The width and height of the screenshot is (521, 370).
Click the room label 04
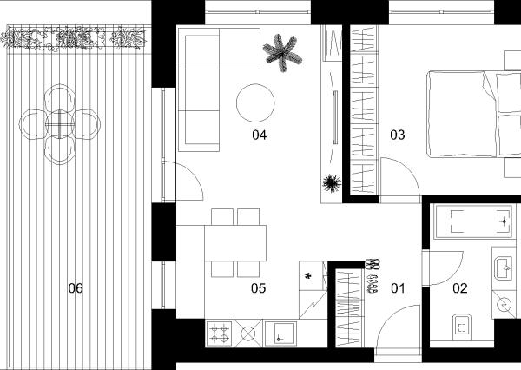tap(259, 135)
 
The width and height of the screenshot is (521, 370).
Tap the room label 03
tap(398, 135)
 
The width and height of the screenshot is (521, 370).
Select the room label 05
tap(259, 288)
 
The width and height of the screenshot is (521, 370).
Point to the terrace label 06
tap(76, 288)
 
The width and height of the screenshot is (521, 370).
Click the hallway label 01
tap(398, 288)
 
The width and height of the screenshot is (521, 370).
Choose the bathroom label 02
tap(460, 288)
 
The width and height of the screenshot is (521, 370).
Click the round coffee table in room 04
tap(255, 103)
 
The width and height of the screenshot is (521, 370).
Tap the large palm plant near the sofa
tap(282, 53)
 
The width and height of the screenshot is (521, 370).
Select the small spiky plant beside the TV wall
tap(332, 183)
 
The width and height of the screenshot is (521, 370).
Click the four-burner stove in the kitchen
tap(220, 334)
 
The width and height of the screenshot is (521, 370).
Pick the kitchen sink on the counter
tap(280, 334)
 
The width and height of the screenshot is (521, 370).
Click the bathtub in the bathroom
tap(473, 221)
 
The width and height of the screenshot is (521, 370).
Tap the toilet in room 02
tap(462, 327)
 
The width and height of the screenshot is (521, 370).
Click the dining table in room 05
tap(235, 243)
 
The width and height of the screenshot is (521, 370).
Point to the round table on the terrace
tap(59, 124)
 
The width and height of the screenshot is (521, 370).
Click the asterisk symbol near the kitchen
tap(308, 276)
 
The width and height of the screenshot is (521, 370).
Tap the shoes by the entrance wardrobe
tap(373, 276)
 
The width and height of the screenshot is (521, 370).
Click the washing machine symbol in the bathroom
tap(504, 304)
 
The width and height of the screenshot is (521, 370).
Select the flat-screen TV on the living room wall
tap(335, 117)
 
